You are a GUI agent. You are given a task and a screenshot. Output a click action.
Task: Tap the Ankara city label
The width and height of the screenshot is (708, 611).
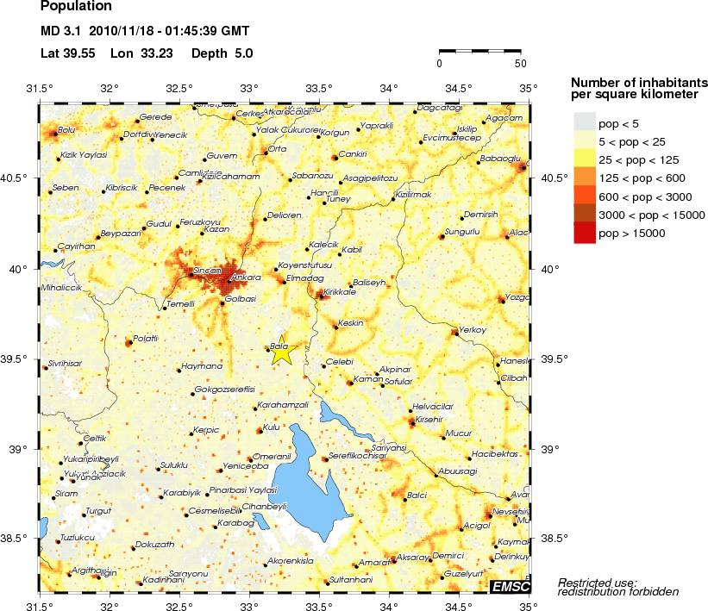coord(247,277)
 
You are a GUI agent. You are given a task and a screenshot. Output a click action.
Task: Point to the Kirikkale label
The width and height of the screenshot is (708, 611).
coord(339,293)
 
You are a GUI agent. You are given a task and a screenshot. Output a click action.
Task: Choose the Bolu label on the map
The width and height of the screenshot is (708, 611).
coord(66,130)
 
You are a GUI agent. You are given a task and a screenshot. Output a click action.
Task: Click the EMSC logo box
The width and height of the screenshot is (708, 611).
coord(509,587)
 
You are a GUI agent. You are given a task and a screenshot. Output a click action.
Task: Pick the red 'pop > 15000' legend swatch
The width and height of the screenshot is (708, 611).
coord(584,233)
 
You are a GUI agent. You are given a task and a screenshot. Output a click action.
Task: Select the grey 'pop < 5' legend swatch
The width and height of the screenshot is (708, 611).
coord(584,121)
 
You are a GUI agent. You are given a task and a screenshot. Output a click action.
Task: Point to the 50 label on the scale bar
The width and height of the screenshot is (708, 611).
coord(520,64)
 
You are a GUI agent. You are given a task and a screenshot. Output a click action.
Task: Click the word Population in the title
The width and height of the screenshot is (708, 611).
coord(76,7)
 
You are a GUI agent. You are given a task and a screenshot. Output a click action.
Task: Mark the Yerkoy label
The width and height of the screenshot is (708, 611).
coord(473,329)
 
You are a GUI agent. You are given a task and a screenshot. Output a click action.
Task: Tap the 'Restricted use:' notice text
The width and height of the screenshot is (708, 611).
coord(597,582)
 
